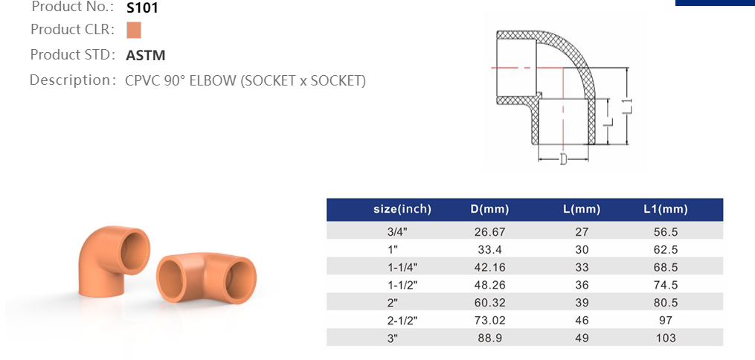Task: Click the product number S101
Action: click(x=142, y=8)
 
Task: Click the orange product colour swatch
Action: click(x=134, y=30)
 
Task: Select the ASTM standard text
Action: click(x=146, y=55)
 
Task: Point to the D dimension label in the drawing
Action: click(x=563, y=159)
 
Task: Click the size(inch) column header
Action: click(x=402, y=209)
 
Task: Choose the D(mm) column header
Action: click(x=490, y=209)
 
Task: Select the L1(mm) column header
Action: click(x=666, y=209)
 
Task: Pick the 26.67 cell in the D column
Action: click(x=490, y=231)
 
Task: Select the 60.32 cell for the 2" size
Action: click(x=490, y=303)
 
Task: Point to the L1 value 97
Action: click(x=666, y=321)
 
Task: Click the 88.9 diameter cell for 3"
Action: click(x=490, y=338)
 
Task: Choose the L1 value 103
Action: click(x=666, y=338)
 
